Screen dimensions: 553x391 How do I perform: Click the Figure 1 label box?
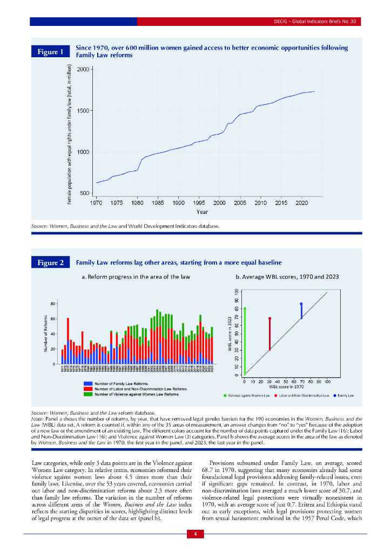(50, 52)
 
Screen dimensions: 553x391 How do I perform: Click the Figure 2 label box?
(50, 263)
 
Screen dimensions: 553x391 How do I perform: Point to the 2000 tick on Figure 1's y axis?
(83, 70)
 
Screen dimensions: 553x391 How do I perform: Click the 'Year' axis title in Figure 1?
(202, 212)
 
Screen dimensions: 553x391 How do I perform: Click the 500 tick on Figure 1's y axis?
(85, 193)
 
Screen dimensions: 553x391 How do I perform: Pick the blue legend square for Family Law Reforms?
(87, 383)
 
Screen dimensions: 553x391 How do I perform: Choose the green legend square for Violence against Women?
(87, 394)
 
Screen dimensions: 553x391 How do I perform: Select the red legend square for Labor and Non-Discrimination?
(87, 389)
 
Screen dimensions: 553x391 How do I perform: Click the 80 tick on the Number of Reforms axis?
(53, 304)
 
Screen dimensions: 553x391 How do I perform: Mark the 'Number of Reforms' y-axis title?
(46, 333)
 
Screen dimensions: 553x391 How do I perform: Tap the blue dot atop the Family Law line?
(301, 304)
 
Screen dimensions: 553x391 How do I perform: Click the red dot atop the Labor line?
(269, 319)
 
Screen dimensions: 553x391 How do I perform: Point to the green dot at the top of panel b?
(245, 309)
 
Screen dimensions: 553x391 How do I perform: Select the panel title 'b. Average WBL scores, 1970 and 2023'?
(287, 277)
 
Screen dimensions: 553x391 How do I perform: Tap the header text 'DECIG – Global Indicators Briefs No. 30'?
(313, 22)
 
